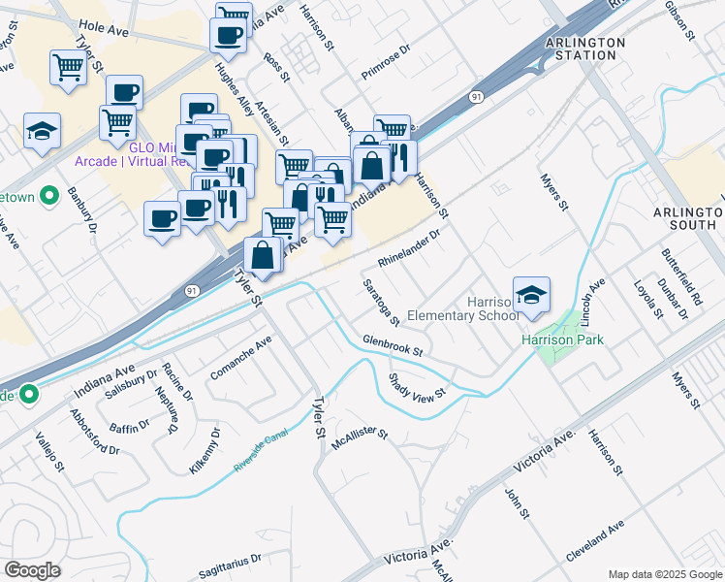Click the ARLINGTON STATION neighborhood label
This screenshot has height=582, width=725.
[x=581, y=48]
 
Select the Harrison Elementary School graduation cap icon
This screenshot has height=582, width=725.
[x=531, y=296]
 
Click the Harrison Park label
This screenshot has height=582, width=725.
[x=562, y=339]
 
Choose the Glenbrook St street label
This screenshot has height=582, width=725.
[x=394, y=344]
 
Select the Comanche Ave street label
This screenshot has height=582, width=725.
[x=242, y=358]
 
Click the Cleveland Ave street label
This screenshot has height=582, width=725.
[x=596, y=544]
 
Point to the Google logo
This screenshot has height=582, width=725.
[x=33, y=569]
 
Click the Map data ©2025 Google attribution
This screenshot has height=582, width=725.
[x=664, y=574]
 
